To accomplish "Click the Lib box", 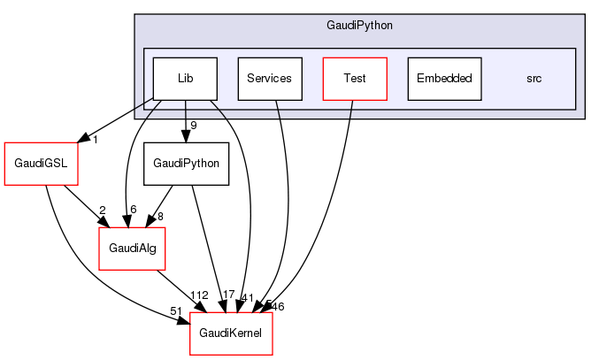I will [185, 78].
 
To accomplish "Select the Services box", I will [269, 78].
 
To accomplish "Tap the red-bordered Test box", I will [354, 78].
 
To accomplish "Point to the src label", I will [534, 79].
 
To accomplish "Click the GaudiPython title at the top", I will [359, 25].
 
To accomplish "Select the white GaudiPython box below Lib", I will [186, 164].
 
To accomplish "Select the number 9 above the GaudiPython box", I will [192, 126].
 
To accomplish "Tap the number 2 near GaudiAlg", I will [102, 211].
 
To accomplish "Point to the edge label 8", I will [160, 216].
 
